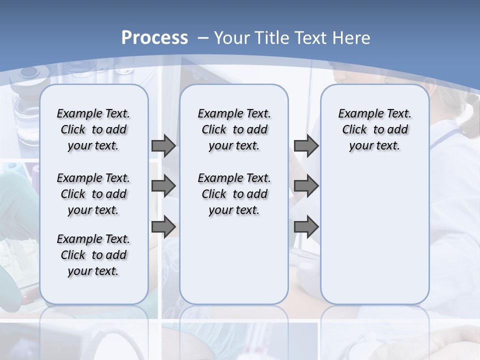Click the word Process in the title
(x=154, y=37)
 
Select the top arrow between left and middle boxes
(x=163, y=146)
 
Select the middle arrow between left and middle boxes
(x=163, y=186)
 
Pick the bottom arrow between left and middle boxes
(x=163, y=227)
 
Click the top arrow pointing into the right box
(x=306, y=146)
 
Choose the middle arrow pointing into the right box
(x=306, y=186)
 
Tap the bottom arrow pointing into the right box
(x=306, y=227)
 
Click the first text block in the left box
(x=93, y=129)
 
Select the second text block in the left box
(x=93, y=194)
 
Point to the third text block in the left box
(x=93, y=255)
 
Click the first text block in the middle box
(x=234, y=129)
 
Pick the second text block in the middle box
(x=234, y=194)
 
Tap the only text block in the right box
(x=374, y=129)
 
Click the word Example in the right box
(x=356, y=113)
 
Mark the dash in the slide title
(x=203, y=38)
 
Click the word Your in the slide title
(x=232, y=37)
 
